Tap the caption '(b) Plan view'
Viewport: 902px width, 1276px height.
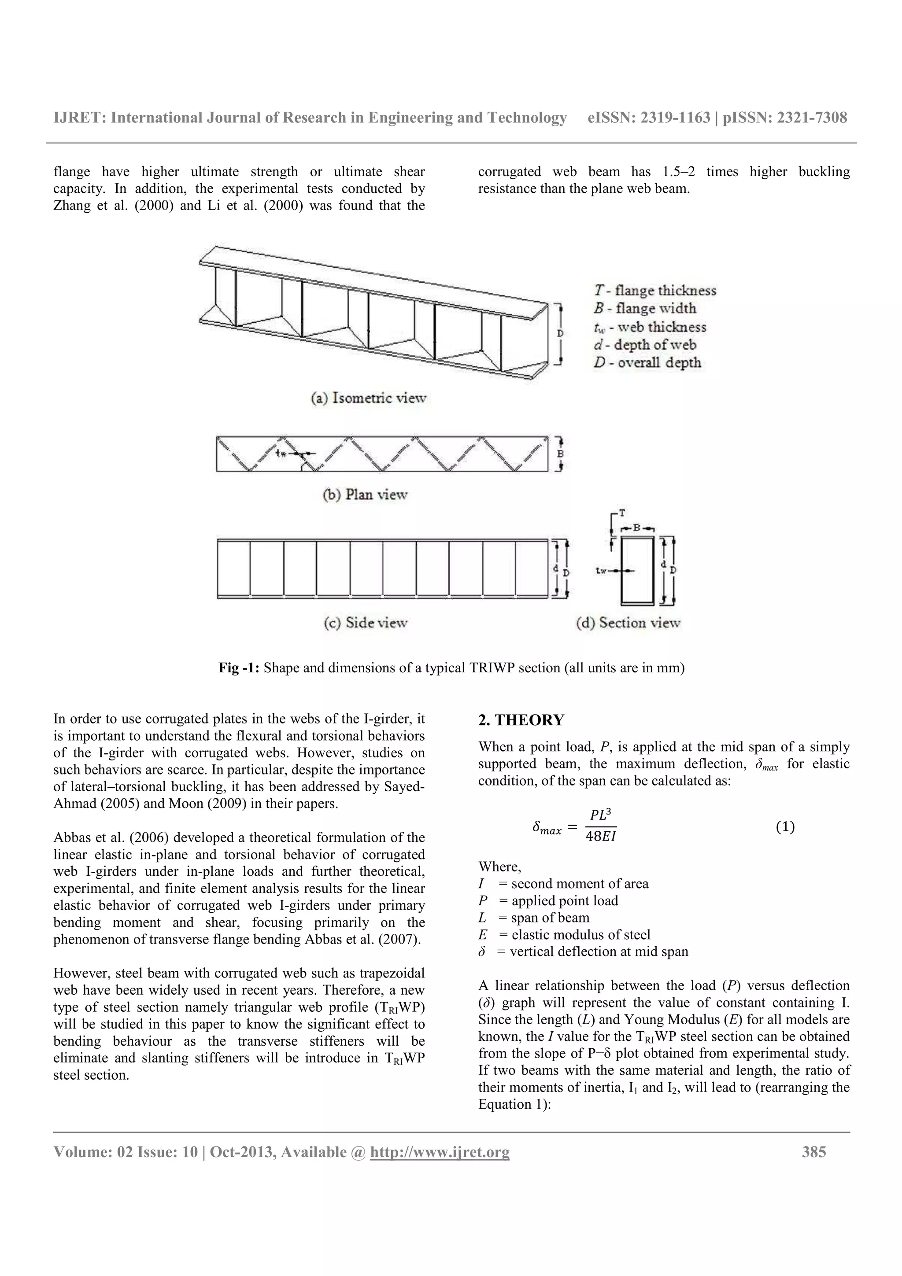click(x=365, y=494)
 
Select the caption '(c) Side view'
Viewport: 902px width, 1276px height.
click(x=365, y=623)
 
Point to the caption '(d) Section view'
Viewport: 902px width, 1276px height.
click(x=628, y=623)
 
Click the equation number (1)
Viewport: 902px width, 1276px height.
click(x=785, y=827)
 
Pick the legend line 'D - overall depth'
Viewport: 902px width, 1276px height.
click(x=647, y=363)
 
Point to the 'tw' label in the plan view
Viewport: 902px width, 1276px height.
click(x=282, y=454)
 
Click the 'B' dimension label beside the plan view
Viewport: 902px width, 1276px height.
click(x=561, y=454)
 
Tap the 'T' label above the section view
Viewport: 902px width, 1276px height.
click(x=622, y=513)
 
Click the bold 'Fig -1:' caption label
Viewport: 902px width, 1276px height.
click(x=239, y=668)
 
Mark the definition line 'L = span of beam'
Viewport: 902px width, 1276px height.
click(x=533, y=918)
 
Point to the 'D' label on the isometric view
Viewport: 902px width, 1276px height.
click(x=560, y=333)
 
